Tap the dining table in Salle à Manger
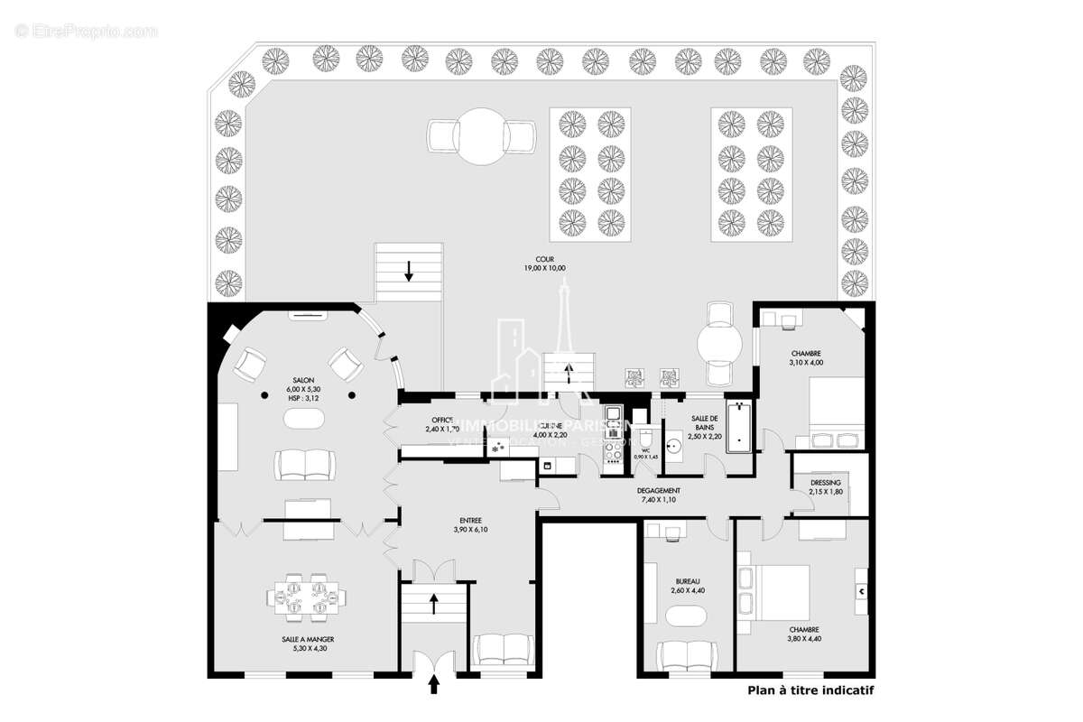pos(306,597)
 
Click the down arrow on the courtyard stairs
pos(409,269)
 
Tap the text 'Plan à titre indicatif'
pos(810,690)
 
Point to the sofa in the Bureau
pos(688,653)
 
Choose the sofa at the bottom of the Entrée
pos(504,649)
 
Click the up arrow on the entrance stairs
pos(434,602)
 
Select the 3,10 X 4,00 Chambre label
pos(807,357)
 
